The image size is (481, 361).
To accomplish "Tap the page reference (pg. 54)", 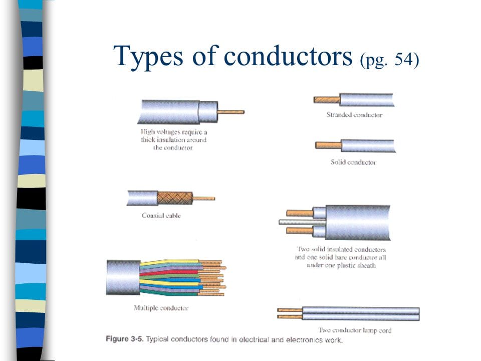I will pos(389,60).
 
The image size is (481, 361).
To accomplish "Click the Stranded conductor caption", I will pos(354,115).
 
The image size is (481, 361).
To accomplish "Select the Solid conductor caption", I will pos(353,162).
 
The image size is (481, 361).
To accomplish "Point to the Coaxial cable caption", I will pos(161,216).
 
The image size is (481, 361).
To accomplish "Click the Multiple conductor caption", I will pos(161,307).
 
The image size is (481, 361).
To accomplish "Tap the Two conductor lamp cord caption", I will pos(355,330).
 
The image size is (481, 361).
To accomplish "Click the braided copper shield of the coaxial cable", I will pos(174,198).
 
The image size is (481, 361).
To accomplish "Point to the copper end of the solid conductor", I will pos(328,145).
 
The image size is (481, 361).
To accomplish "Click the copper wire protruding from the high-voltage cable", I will pos(231,112).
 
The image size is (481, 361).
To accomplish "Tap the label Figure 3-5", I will pos(124,339).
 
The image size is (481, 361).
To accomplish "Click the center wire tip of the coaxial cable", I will pos(204,198).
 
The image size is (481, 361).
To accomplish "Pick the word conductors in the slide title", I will pos(288,56).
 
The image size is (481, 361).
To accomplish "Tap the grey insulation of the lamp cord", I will pos(361,314).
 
